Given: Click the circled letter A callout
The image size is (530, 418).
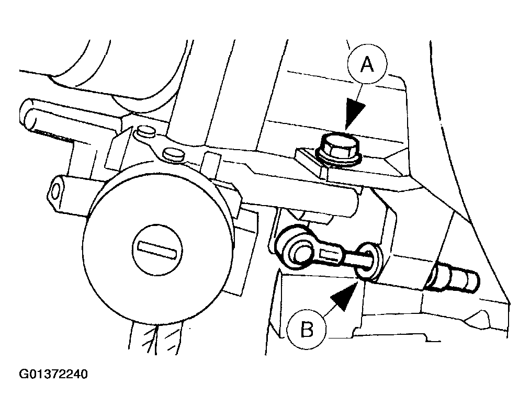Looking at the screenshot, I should [x=367, y=65].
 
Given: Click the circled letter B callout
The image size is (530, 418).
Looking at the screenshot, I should [x=307, y=330].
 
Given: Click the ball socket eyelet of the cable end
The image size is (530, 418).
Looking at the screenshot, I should [x=298, y=251].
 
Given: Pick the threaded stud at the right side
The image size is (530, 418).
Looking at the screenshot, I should [x=453, y=279].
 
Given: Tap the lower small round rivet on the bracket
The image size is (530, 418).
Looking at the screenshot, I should [x=172, y=154].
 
